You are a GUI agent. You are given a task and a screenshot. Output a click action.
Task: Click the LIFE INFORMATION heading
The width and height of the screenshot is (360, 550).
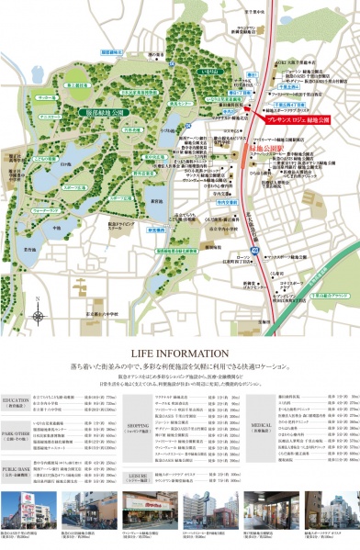180,328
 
